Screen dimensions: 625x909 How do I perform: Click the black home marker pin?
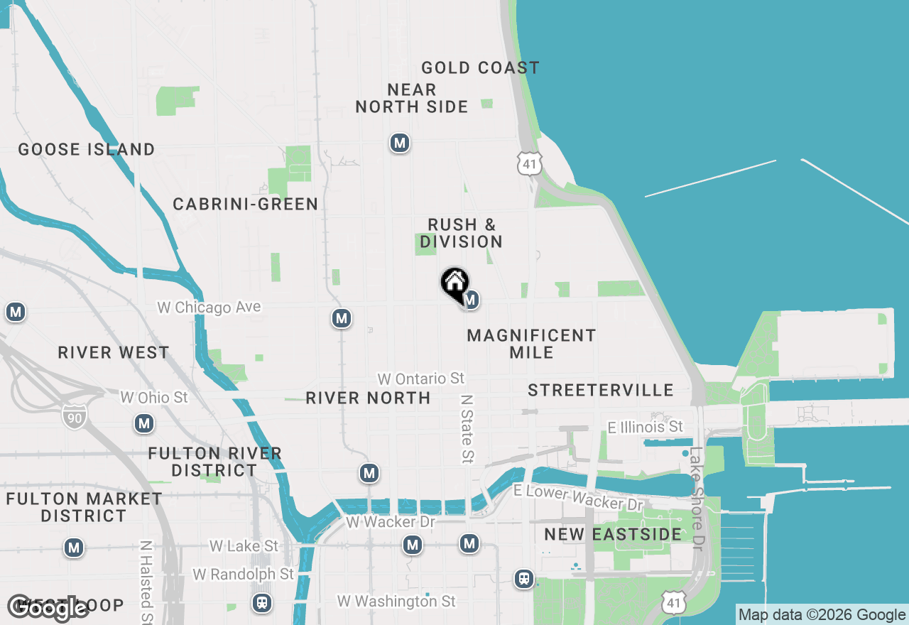coord(454,283)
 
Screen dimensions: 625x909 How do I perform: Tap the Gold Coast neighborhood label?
coord(480,68)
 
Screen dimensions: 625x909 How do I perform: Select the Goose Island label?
coord(87,150)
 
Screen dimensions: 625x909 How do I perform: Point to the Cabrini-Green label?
coord(246,205)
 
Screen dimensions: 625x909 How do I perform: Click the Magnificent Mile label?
coord(531,344)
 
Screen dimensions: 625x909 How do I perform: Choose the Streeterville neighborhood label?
coord(601,390)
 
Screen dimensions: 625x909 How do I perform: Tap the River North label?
coord(368,398)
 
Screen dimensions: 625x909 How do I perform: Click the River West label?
coord(114,353)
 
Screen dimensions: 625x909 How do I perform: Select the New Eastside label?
coord(612,534)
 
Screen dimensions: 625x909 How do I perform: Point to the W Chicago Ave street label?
coord(209,308)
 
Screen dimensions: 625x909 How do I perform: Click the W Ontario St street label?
coord(420,379)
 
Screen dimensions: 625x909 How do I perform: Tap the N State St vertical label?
coord(467,429)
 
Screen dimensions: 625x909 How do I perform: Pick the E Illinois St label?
coord(645,427)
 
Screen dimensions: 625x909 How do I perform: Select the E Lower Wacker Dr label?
coord(578,497)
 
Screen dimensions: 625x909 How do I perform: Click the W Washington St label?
coord(396,602)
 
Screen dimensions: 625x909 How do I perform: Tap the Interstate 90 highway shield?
coord(74,417)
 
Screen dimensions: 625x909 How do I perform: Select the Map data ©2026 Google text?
coord(822,615)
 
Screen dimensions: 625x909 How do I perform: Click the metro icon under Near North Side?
coord(400,143)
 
